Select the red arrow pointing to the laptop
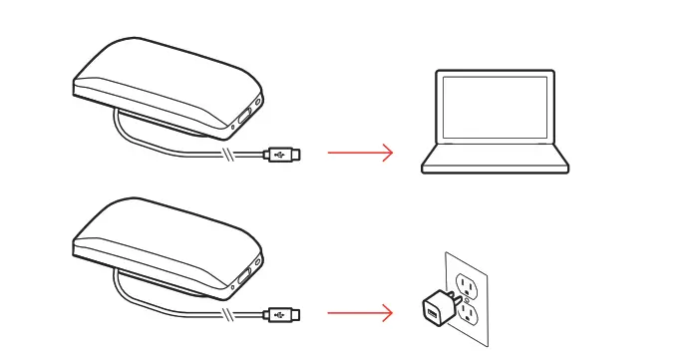point(361,153)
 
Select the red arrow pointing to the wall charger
point(361,315)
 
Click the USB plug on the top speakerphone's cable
point(280,154)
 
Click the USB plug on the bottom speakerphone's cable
point(280,315)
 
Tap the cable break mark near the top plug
point(232,154)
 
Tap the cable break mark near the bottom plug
point(232,315)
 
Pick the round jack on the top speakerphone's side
point(260,103)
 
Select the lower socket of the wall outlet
point(464,316)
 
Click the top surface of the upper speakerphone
point(160,65)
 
